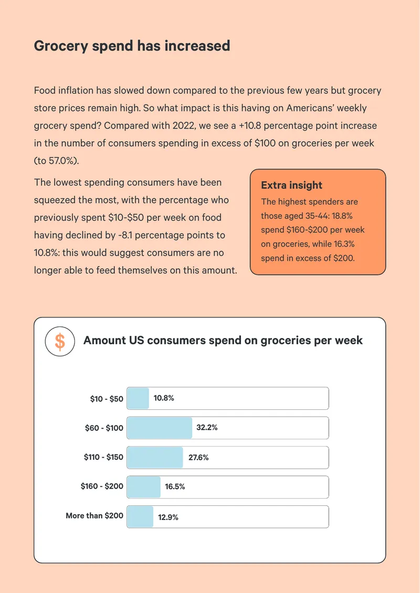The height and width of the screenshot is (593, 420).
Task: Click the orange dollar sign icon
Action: pyautogui.click(x=60, y=341)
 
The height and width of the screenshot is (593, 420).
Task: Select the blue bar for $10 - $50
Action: pyautogui.click(x=138, y=398)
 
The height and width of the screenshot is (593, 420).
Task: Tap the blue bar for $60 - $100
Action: pyautogui.click(x=160, y=428)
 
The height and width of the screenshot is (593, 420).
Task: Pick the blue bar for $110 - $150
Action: pyautogui.click(x=155, y=457)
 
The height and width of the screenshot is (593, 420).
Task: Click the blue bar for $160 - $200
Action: pyautogui.click(x=144, y=486)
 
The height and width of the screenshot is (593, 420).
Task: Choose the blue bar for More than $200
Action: pyautogui.click(x=140, y=516)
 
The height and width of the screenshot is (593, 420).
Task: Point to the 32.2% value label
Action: pyautogui.click(x=207, y=428)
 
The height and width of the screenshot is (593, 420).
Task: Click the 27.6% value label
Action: pyautogui.click(x=198, y=458)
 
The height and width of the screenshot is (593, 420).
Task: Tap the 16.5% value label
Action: pyautogui.click(x=175, y=486)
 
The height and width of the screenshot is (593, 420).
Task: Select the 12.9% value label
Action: pyautogui.click(x=168, y=517)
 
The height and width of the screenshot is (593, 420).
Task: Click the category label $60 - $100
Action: pyautogui.click(x=104, y=428)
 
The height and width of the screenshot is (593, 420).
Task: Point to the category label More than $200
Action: pyautogui.click(x=94, y=516)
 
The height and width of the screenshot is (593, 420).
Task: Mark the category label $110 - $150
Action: pyautogui.click(x=103, y=457)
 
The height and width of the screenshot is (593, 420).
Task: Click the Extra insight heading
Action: pyautogui.click(x=291, y=185)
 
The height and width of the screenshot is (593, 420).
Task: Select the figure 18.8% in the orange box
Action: pyautogui.click(x=342, y=216)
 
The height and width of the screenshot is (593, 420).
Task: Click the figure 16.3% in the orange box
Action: pyautogui.click(x=344, y=245)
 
